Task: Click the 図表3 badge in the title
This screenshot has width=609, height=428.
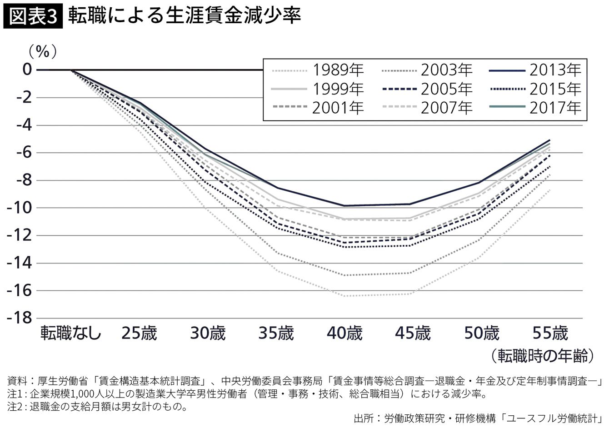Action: click(33, 17)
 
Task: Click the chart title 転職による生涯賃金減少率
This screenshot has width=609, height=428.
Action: click(184, 17)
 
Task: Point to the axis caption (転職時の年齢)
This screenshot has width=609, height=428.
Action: click(542, 355)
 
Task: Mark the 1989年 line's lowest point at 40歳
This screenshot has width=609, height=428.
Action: click(344, 296)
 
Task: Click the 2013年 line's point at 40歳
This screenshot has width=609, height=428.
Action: click(344, 206)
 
